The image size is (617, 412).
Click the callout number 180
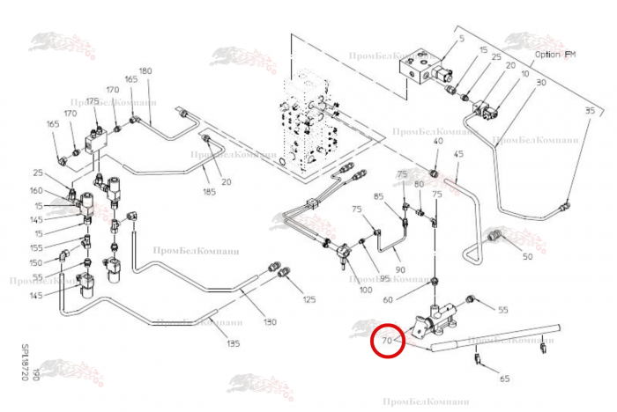coord(145,70)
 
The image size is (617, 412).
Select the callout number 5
coord(460,40)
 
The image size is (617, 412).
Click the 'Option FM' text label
coord(554,54)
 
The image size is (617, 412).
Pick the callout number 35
coord(590,110)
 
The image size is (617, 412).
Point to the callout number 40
coord(438,142)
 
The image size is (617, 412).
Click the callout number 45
coord(458,154)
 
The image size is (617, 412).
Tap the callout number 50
coord(527,257)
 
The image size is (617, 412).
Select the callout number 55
coord(503,310)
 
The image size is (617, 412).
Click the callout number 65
coord(504,379)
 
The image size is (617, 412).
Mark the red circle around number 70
coord(388,339)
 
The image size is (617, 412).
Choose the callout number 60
coord(413,299)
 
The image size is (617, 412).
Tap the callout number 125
coord(308,300)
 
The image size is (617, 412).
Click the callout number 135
coord(233,343)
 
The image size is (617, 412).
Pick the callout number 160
coord(36,190)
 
